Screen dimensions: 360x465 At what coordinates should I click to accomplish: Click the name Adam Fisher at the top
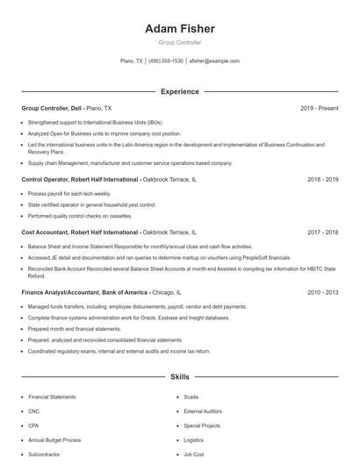coord(179,29)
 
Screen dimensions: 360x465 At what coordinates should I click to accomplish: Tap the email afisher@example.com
coord(214,61)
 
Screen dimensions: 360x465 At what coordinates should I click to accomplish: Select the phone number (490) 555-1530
coord(166,61)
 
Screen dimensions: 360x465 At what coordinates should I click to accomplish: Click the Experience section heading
coord(179,91)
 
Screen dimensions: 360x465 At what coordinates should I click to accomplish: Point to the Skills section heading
coord(179,377)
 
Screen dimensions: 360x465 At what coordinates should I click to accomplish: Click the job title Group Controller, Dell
coord(53,108)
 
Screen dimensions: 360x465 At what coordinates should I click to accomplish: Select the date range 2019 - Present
coord(319,108)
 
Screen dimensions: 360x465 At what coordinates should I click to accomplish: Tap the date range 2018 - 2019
coord(322,179)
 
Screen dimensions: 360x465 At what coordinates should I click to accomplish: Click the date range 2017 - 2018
coord(322,232)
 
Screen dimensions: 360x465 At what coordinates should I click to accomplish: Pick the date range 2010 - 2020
coord(322,292)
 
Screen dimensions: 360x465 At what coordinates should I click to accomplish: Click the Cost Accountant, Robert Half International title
coord(80,232)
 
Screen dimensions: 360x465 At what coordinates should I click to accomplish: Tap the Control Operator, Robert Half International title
coord(80,179)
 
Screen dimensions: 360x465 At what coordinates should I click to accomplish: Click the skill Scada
coord(191,397)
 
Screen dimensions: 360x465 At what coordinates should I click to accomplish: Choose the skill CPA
coord(33,425)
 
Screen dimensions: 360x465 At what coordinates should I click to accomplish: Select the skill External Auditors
coord(203,411)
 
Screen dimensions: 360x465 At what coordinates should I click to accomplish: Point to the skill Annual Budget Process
coord(54,440)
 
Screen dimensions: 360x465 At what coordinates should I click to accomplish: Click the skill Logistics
coord(193,440)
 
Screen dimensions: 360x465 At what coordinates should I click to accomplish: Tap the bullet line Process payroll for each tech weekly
coord(68,193)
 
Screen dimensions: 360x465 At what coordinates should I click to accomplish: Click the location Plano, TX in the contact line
coord(132,61)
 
